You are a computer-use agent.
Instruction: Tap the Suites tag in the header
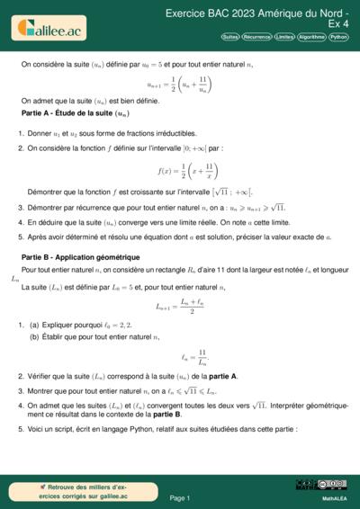coord(229,37)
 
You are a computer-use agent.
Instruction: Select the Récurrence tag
coord(256,37)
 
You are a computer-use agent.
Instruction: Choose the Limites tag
coord(284,37)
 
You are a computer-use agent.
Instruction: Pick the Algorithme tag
coord(311,37)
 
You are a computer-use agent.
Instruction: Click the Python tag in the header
coord(338,37)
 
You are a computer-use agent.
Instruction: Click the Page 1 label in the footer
coord(179,497)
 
